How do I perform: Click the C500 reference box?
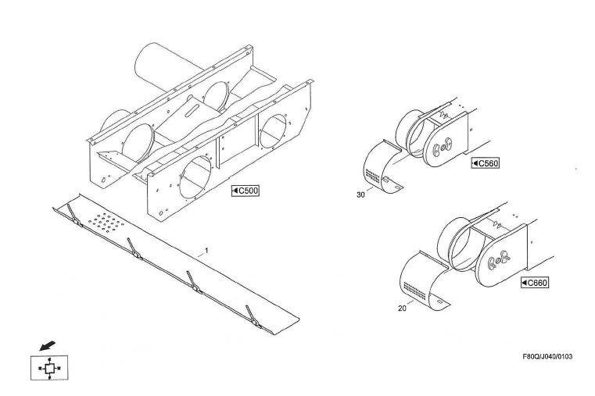click(246, 191)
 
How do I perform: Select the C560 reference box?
click(486, 163)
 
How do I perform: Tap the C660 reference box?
click(535, 283)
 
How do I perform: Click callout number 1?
click(206, 251)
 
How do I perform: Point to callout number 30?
click(360, 194)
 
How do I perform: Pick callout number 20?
click(402, 309)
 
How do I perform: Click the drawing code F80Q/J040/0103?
click(547, 357)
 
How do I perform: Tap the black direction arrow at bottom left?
click(47, 345)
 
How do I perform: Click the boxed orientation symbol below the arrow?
click(49, 368)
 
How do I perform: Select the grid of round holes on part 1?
click(106, 221)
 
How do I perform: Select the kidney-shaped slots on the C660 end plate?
click(499, 259)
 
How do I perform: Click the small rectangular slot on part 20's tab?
click(439, 301)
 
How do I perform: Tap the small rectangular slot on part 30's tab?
click(397, 187)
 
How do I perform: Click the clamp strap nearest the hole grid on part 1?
click(75, 216)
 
